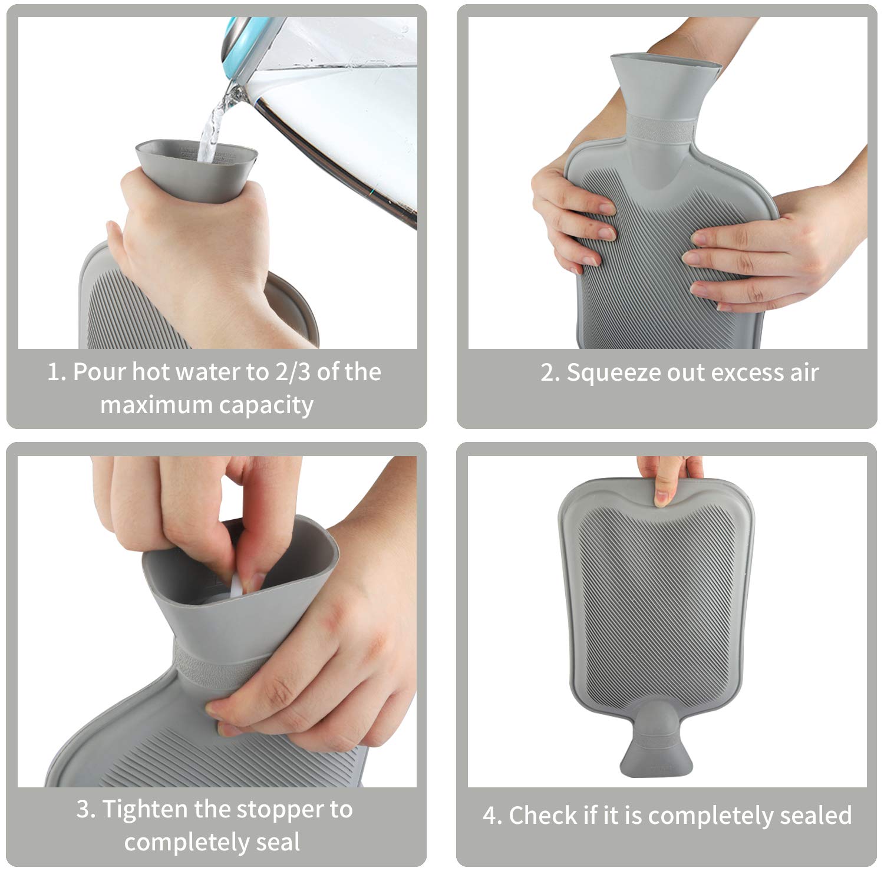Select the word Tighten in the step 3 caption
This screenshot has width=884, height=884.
coord(145,810)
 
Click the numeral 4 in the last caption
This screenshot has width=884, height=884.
coord(490,816)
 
